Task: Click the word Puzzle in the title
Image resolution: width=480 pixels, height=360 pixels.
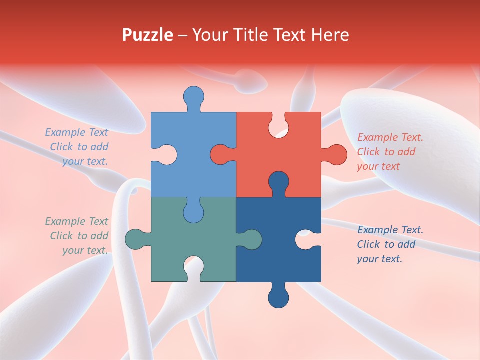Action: click(x=148, y=35)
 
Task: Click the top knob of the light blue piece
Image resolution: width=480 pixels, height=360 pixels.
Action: click(x=194, y=96)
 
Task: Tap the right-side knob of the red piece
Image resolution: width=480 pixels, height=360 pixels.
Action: click(x=336, y=154)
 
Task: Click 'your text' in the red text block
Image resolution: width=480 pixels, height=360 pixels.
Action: click(x=378, y=166)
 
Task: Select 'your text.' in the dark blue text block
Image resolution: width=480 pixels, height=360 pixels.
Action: click(x=379, y=259)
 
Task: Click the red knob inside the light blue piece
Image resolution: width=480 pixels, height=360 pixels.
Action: click(x=220, y=154)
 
